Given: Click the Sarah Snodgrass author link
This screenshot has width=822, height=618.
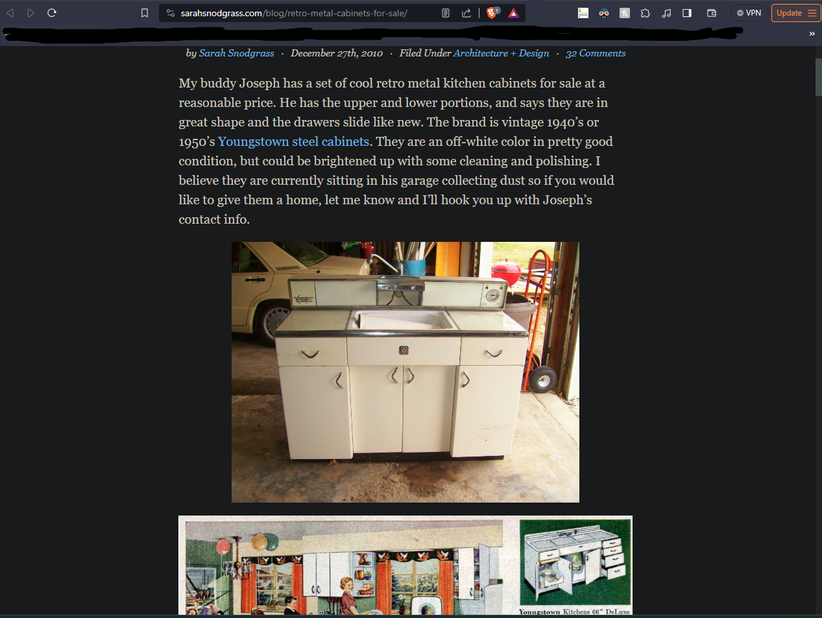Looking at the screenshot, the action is click(236, 53).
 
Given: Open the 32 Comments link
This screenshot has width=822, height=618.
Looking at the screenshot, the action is click(596, 53).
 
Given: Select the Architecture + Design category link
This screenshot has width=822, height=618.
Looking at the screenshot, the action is click(501, 53).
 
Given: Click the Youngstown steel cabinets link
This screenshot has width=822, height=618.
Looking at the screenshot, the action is click(293, 141).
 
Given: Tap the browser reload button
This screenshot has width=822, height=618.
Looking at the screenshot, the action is click(52, 13).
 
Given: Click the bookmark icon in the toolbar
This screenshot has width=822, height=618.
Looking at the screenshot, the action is click(145, 13).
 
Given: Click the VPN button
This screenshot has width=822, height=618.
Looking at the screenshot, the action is click(749, 13).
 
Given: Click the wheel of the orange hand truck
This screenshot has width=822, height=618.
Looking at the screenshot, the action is click(543, 379).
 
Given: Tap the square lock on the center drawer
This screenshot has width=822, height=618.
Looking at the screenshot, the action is click(404, 350).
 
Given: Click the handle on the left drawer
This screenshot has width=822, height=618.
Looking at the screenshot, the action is click(311, 354).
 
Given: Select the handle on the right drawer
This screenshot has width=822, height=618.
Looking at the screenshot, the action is click(494, 353).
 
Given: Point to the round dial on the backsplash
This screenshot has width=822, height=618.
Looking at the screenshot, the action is click(492, 295).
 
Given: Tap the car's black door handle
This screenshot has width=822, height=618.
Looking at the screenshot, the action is click(255, 279).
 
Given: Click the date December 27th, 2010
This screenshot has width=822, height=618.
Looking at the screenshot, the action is click(337, 53).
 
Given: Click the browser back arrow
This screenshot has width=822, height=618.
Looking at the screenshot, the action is click(10, 13).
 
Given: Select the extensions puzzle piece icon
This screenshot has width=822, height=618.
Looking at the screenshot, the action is click(645, 13).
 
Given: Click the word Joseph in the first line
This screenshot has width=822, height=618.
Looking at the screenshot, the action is click(259, 83).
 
